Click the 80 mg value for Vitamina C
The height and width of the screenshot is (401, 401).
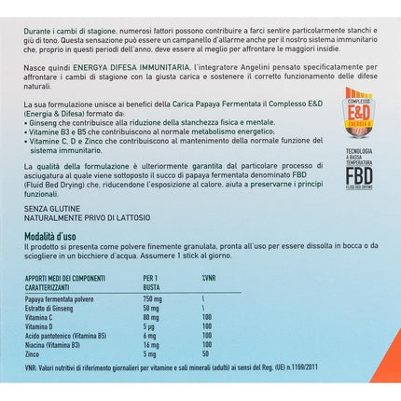[x=153, y=317]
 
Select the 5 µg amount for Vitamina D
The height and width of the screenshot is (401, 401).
[x=151, y=326]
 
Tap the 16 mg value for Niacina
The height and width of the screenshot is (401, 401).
[x=153, y=344]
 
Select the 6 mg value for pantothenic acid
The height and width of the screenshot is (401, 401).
[x=151, y=336]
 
